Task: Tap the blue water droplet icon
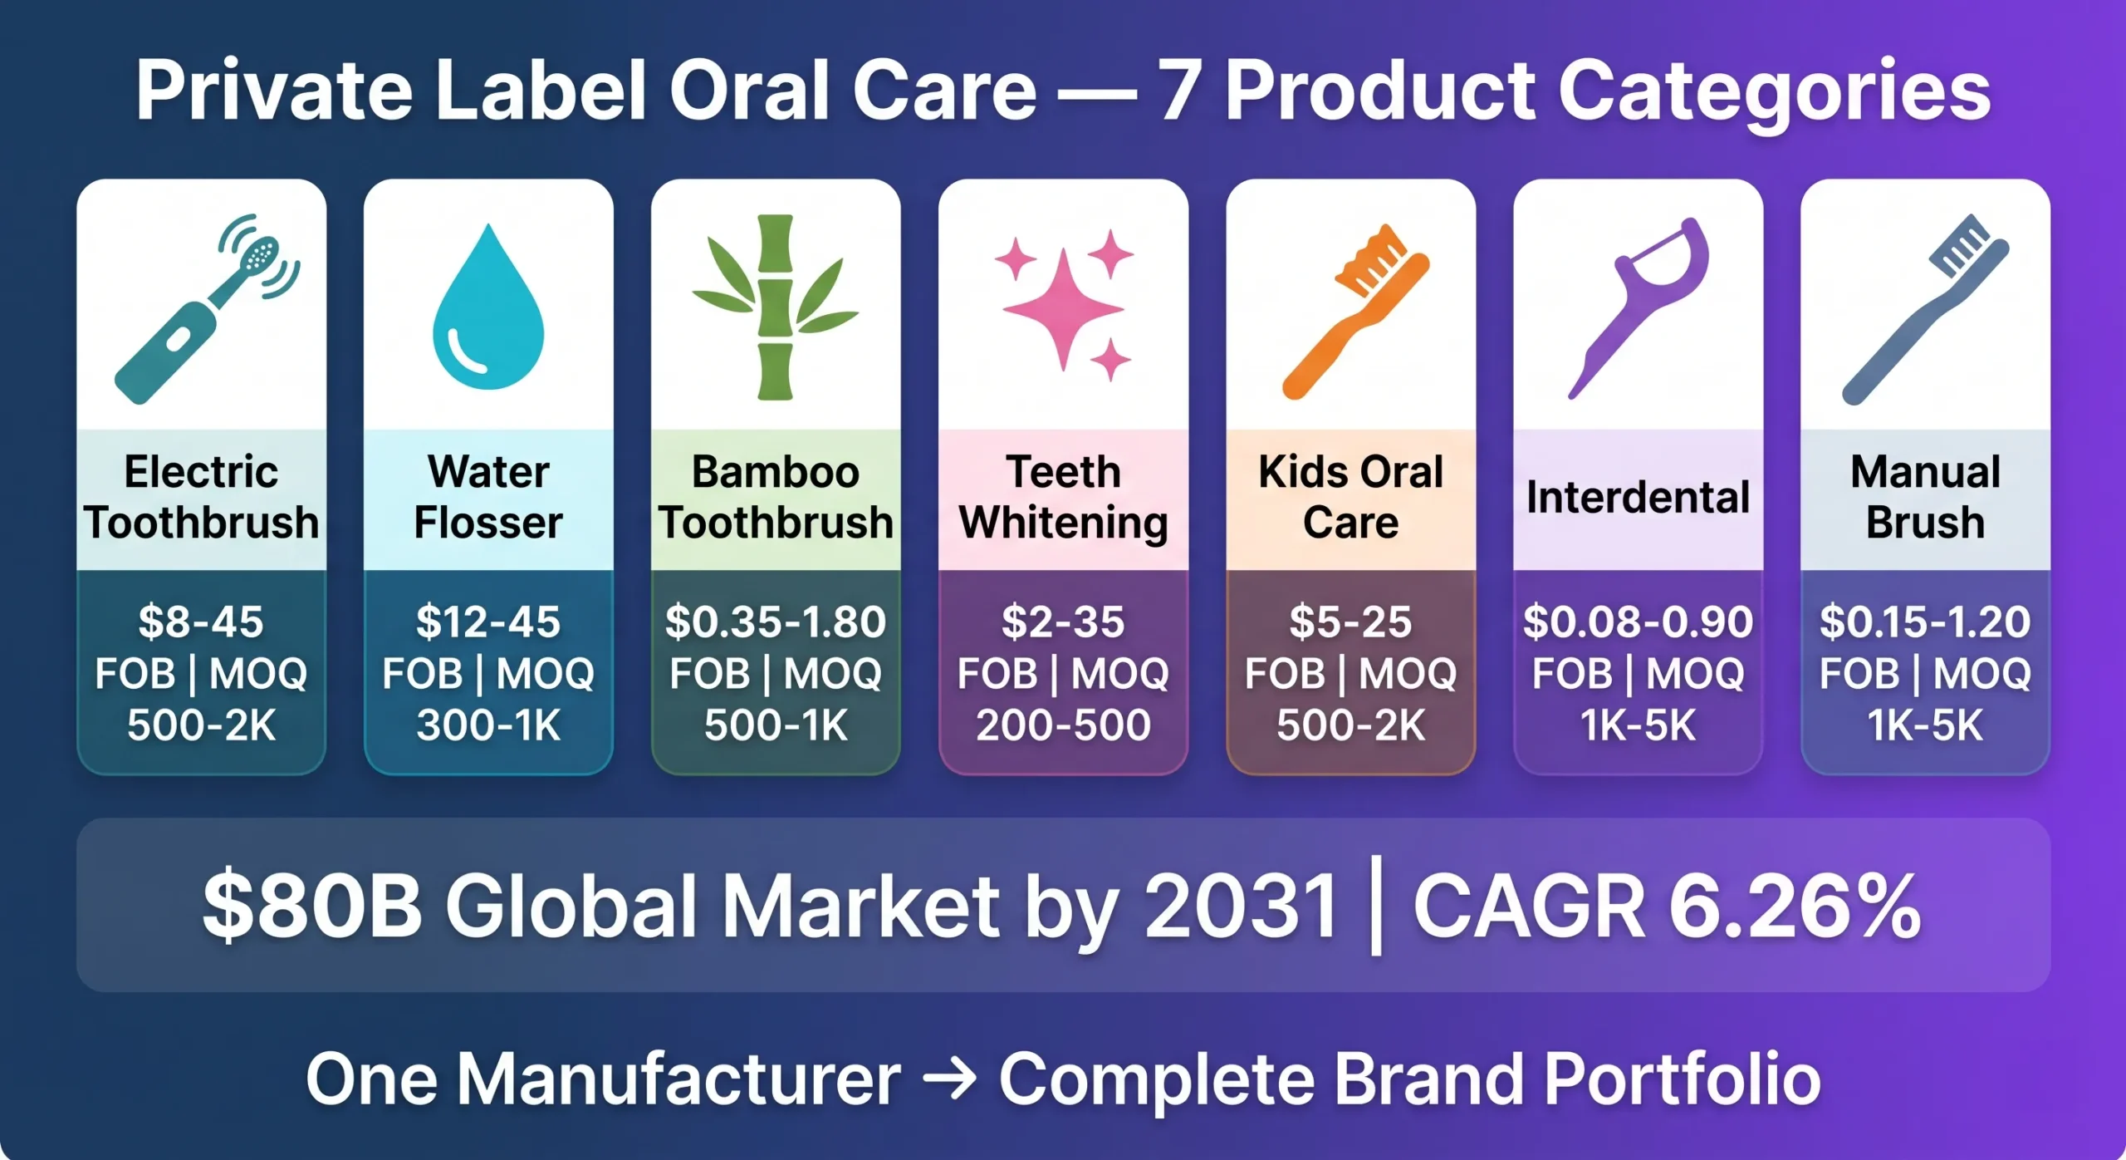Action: click(x=488, y=312)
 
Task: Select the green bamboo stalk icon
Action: click(x=776, y=307)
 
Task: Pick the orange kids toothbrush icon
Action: click(x=1354, y=312)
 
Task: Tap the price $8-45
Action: click(x=201, y=622)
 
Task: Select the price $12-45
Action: click(x=488, y=622)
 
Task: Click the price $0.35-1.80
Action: click(x=776, y=622)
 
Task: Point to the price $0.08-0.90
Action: click(x=1638, y=622)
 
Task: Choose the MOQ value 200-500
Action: click(x=1063, y=725)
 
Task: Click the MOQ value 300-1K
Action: click(x=488, y=725)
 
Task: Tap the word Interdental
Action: click(x=1638, y=498)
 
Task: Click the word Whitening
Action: click(x=1063, y=523)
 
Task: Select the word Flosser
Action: click(x=488, y=523)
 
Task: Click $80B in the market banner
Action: click(x=311, y=907)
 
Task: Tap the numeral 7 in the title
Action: click(x=1179, y=91)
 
